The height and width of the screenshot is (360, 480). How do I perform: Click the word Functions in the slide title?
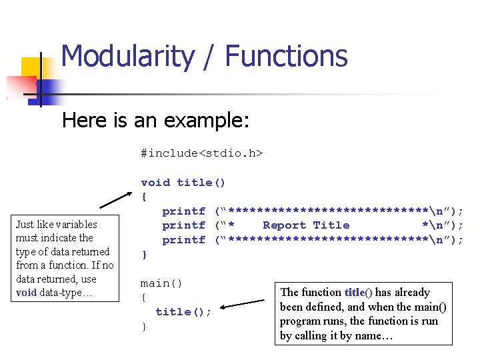coord(287,57)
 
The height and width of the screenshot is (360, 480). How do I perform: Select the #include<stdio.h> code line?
coord(201,153)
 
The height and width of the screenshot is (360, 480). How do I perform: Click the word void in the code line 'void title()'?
coord(155,182)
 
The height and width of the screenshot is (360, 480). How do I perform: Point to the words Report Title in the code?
coord(306,225)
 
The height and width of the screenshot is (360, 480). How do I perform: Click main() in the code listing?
coord(161,283)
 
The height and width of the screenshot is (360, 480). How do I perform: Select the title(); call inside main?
coord(183,311)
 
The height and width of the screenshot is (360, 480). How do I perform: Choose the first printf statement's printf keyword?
coord(183,211)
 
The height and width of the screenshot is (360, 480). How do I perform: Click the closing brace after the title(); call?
coord(143,327)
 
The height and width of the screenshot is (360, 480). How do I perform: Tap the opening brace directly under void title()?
coord(143,197)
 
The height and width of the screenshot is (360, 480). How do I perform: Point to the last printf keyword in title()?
coord(183,240)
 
